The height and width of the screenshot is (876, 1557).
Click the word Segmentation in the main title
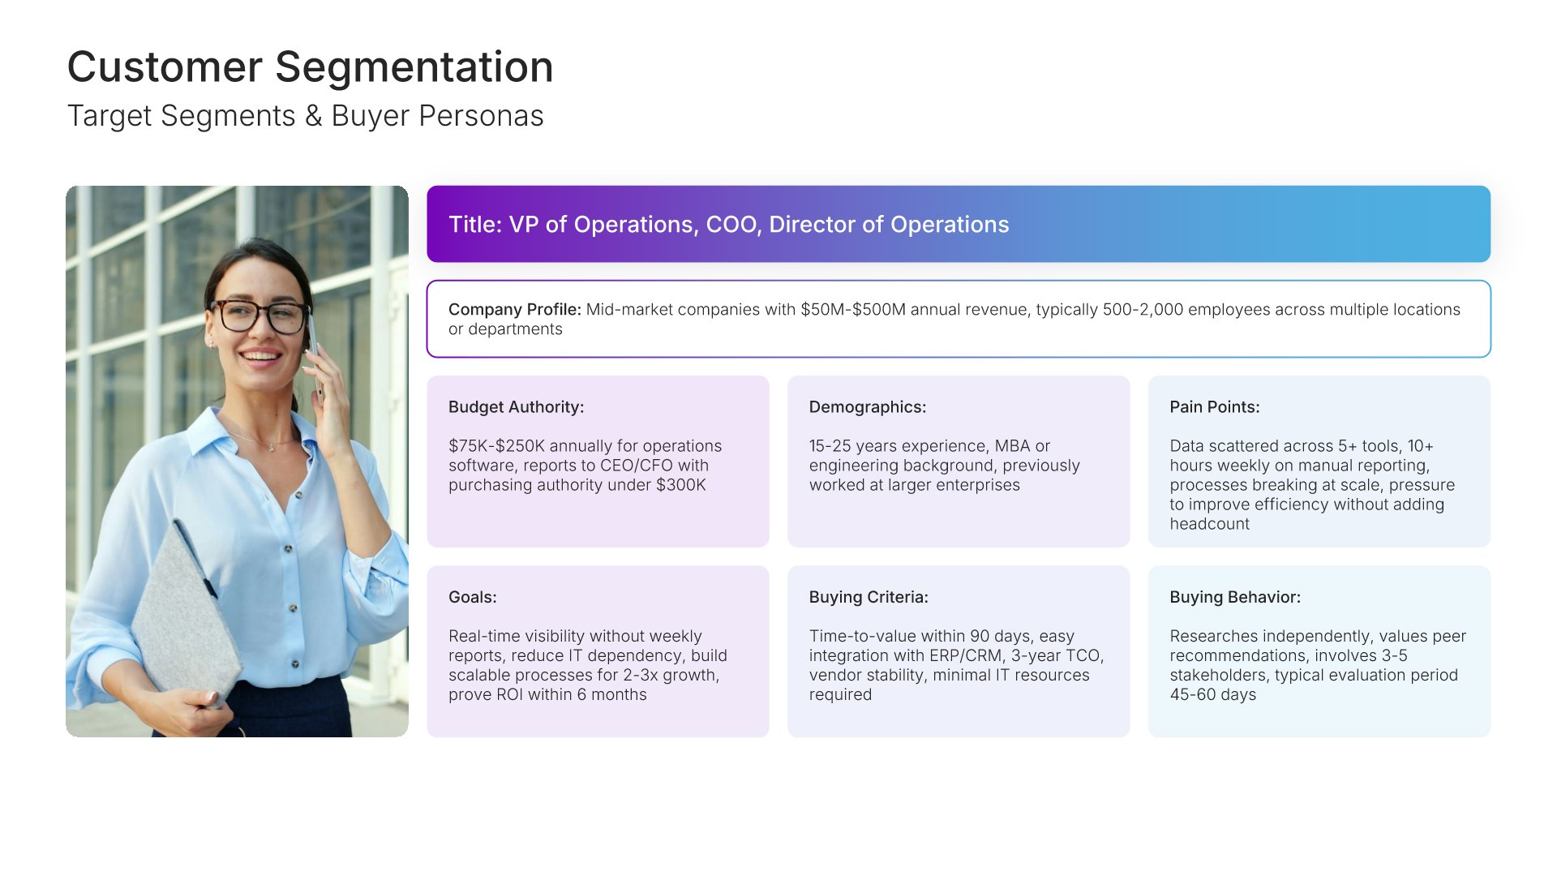click(x=414, y=68)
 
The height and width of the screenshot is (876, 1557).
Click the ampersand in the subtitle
click(x=313, y=116)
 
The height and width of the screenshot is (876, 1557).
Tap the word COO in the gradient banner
click(x=732, y=225)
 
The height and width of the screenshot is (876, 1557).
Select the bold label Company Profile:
click(x=515, y=310)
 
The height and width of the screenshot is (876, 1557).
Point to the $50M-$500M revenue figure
click(x=852, y=310)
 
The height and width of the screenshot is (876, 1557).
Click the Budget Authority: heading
click(x=516, y=407)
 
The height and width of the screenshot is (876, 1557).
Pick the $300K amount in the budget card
click(x=680, y=485)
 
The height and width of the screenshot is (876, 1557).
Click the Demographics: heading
click(x=867, y=407)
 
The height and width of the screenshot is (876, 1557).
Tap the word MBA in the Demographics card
click(x=1012, y=446)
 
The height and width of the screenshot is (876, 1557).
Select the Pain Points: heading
click(x=1214, y=407)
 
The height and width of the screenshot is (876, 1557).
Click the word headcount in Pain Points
click(x=1209, y=524)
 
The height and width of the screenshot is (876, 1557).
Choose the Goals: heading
click(x=472, y=597)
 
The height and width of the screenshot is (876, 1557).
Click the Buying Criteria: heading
click(x=869, y=597)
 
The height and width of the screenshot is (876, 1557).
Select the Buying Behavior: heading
click(x=1234, y=597)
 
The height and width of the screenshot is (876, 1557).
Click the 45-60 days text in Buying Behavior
click(x=1212, y=695)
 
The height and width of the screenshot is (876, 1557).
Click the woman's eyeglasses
click(x=259, y=316)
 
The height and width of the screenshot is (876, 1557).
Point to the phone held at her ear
click(x=315, y=357)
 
